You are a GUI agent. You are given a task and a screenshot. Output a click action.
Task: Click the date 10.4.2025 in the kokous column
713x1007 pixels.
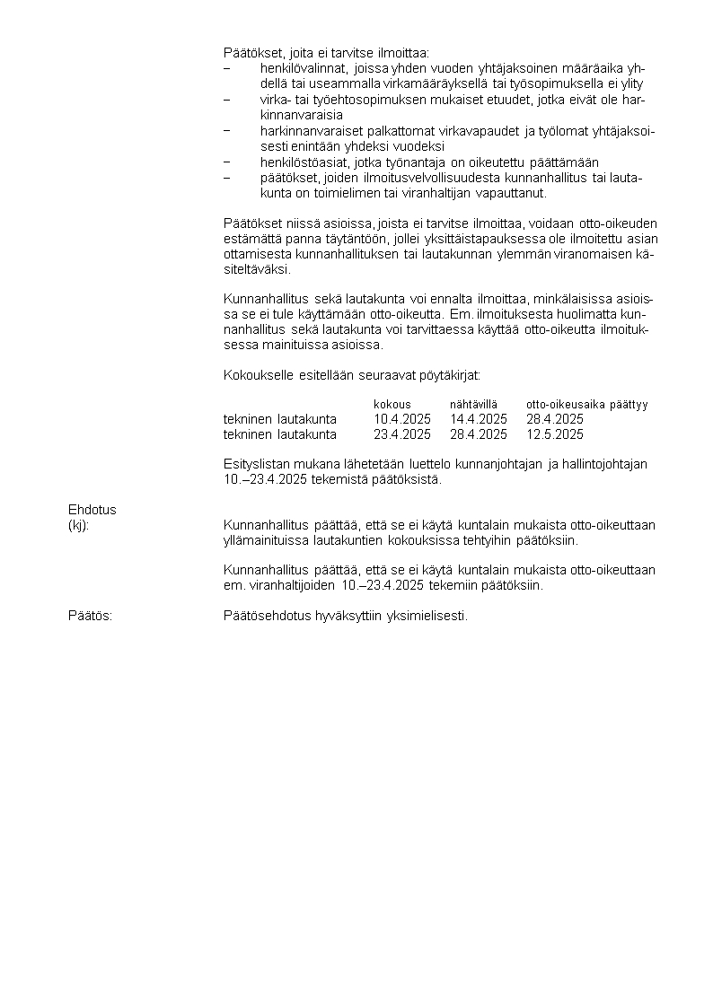coord(402,419)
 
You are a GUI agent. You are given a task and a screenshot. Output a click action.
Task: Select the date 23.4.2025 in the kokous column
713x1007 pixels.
coord(402,434)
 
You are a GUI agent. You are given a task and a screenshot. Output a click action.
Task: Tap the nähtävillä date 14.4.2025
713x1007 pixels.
coord(479,419)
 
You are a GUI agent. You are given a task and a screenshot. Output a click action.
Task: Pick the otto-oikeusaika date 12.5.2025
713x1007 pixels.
coord(555,434)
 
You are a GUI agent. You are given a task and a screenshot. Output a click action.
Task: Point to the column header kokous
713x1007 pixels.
coord(392,405)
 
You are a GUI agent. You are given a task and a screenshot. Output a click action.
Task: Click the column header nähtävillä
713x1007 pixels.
coord(473,405)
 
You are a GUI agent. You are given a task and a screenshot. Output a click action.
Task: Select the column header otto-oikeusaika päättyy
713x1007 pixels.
coord(587,405)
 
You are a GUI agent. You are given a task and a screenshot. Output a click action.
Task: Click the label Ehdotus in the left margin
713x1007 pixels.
coord(92,510)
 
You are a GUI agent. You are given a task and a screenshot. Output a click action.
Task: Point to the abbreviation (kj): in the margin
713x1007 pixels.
coord(79,525)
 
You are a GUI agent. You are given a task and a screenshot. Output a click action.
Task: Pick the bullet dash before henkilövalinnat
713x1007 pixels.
coord(227,68)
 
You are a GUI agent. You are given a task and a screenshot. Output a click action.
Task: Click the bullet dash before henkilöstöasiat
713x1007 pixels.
coord(227,162)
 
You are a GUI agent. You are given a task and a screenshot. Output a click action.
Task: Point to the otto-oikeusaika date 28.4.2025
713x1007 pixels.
coord(555,419)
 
